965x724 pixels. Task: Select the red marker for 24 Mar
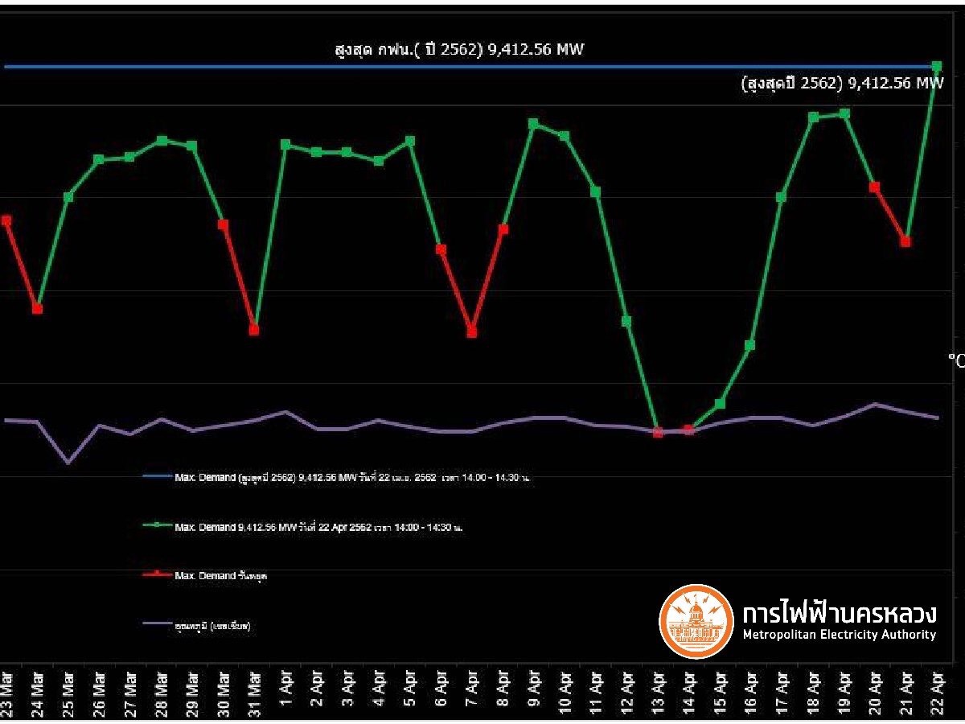38,309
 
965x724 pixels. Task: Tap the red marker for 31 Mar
254,330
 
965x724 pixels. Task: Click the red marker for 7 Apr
472,332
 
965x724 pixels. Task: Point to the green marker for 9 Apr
533,124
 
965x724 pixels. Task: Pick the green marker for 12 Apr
626,321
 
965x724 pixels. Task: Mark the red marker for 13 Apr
658,433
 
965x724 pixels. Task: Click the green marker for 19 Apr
844,113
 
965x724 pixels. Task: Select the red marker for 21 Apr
906,241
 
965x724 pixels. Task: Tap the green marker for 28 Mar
162,140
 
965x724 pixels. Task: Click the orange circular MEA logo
696,622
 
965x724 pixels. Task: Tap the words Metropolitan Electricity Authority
839,635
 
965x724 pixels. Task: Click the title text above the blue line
459,50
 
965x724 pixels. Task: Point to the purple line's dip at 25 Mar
68,463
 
